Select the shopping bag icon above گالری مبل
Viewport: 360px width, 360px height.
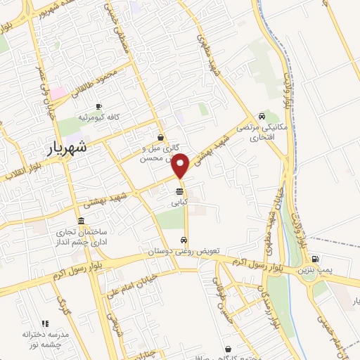coord(162,138)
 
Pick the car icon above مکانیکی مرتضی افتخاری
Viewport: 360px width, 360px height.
coord(262,116)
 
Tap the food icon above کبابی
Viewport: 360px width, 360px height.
coord(181,191)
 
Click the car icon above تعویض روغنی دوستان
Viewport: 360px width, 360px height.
coord(184,240)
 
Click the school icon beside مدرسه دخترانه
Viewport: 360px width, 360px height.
coord(46,323)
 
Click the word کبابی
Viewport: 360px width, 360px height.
coord(181,201)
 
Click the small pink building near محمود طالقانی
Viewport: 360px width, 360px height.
coord(57,92)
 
